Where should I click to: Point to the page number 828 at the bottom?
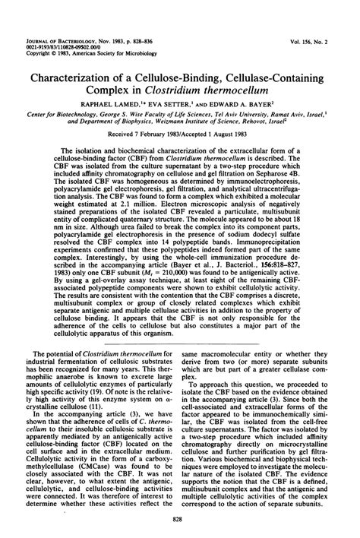(x=180, y=519)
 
